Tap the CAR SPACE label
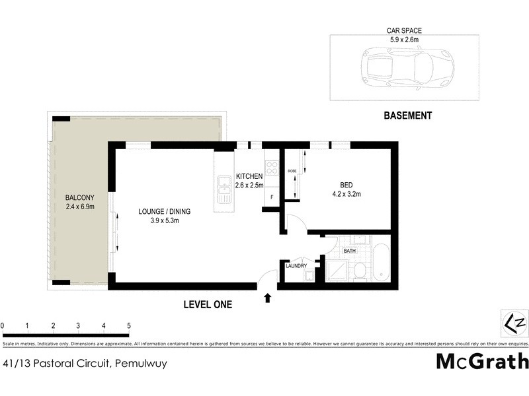coord(404,30)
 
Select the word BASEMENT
coord(408,115)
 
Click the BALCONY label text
coord(79,197)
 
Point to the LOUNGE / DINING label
coord(164,211)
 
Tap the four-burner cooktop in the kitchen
coord(271,166)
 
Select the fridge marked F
coord(272,196)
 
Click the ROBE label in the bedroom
coord(292,172)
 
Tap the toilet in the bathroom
coord(360,271)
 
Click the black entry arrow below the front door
coord(267,298)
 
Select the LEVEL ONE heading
coord(208,304)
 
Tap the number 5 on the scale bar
coord(129,325)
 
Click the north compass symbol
coord(514,323)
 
